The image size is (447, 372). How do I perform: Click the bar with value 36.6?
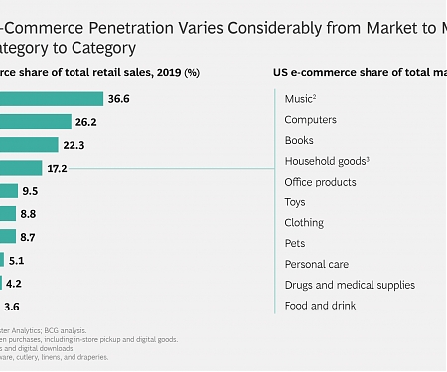[x=52, y=99]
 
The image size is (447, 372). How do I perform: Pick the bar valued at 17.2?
[x=21, y=168]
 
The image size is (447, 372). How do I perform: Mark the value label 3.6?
[x=12, y=306]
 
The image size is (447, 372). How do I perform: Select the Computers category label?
[x=310, y=120]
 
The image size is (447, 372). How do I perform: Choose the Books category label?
[x=299, y=141]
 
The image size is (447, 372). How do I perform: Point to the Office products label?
[x=320, y=182]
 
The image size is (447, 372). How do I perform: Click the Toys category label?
[x=295, y=202]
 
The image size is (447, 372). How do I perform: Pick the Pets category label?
[x=295, y=244]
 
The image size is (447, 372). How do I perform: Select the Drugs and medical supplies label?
[x=350, y=285]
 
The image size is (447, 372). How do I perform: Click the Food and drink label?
[x=321, y=306]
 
